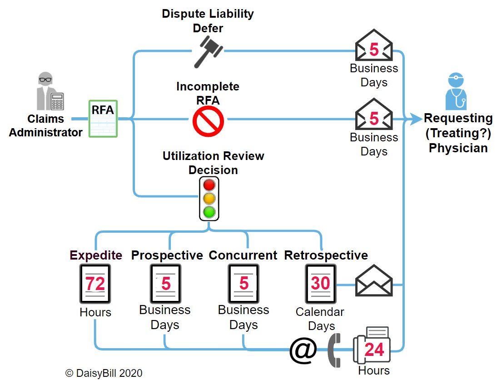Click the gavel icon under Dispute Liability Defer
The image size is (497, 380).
pos(208,52)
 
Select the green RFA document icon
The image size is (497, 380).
pos(103,119)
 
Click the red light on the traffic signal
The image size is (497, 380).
pos(209,185)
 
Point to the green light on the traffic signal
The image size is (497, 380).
pos(209,211)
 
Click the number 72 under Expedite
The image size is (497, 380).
pos(95,284)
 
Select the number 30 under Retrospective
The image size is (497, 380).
pos(320,283)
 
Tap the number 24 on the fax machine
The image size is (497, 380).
pos(374,349)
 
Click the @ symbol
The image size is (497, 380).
pos(303,350)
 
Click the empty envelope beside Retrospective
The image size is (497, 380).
pos(373,281)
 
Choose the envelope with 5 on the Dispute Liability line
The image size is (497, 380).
pos(373,46)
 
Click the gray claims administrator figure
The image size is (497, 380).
pos(50,91)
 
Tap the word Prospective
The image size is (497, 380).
pos(167,255)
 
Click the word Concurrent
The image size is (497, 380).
pos(243,255)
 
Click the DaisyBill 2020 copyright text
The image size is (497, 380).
pos(104,373)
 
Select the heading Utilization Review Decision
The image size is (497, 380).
pos(213,163)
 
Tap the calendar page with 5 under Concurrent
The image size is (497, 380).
pos(244,284)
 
